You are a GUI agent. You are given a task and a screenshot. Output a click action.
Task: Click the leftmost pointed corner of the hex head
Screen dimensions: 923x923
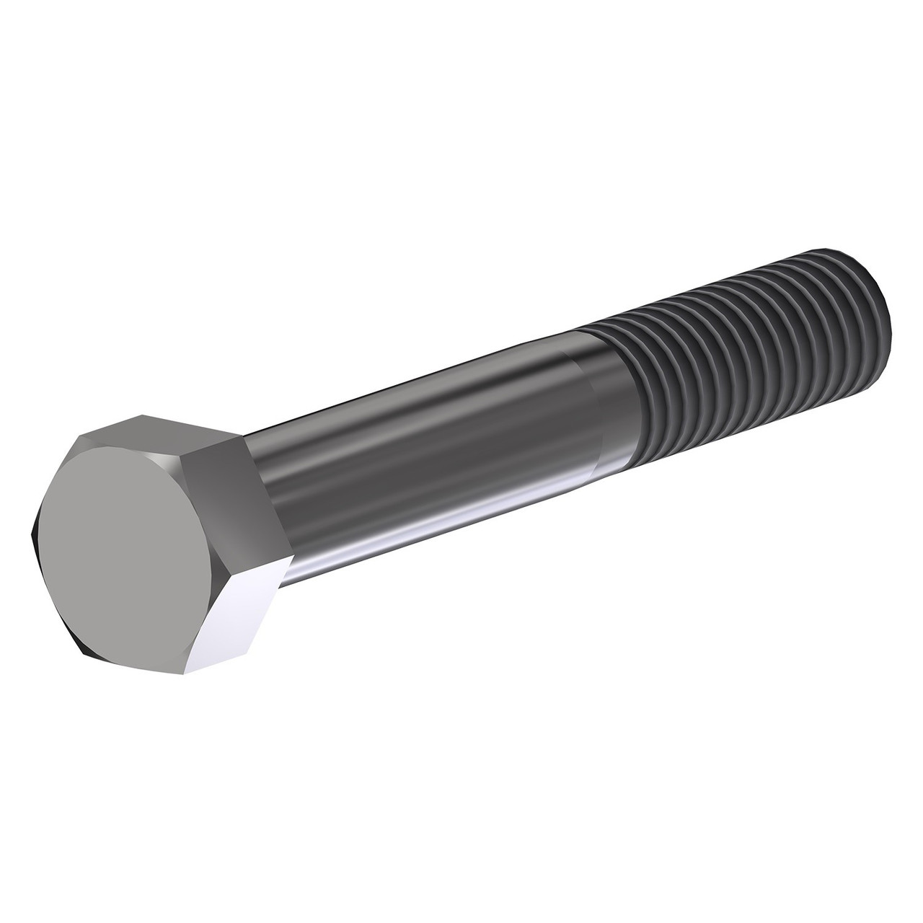point(34,534)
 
